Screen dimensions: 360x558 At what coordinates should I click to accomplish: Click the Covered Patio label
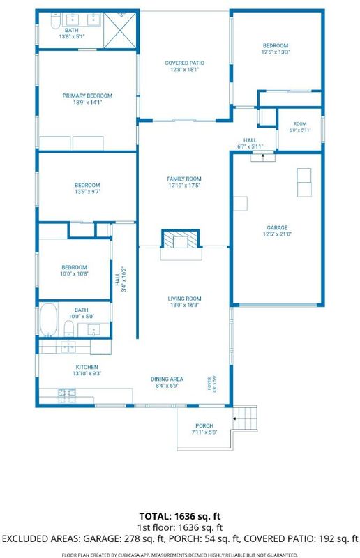tap(184, 63)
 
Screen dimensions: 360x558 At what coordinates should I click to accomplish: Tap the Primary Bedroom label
tap(87, 96)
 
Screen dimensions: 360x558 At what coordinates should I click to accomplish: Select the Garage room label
tap(277, 228)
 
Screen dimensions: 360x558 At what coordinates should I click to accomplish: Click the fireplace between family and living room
tap(180, 239)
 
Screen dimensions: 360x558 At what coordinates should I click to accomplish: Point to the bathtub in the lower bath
tap(48, 319)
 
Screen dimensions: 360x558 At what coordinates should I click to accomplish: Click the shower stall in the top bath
tap(119, 30)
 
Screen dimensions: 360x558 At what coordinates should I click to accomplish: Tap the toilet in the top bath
tap(56, 21)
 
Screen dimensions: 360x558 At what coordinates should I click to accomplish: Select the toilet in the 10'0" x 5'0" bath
tap(69, 328)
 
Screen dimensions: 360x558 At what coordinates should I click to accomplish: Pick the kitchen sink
tap(68, 347)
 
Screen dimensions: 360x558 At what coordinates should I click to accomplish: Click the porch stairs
tap(246, 418)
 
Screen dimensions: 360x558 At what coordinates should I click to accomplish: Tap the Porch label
tap(204, 426)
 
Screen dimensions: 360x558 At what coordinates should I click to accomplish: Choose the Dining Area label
tap(167, 379)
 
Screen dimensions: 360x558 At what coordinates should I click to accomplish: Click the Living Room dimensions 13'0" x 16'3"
tap(184, 305)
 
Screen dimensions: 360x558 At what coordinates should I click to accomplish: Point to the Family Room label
tap(184, 179)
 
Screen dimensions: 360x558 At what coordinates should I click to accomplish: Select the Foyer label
tap(210, 383)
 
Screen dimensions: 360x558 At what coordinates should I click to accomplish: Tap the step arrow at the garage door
tap(263, 156)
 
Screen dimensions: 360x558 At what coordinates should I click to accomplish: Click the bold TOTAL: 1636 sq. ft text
tap(180, 516)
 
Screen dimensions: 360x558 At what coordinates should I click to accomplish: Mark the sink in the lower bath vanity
tap(93, 330)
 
